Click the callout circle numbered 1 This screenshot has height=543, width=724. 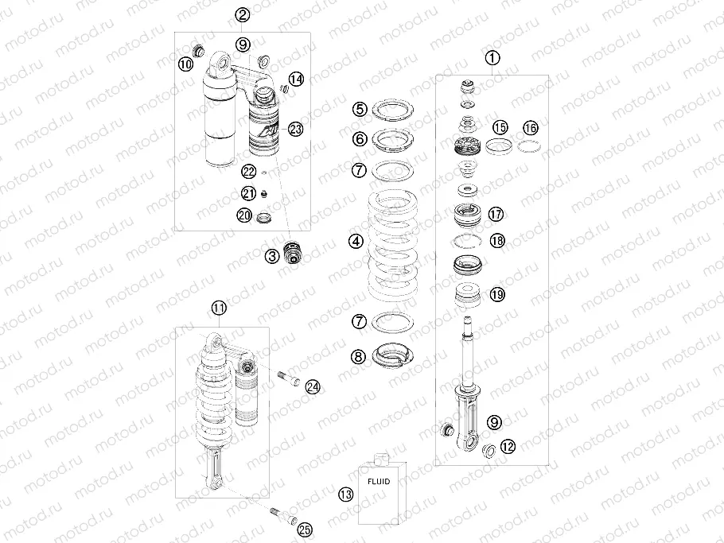click(x=492, y=58)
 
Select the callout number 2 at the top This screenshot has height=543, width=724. click(x=242, y=15)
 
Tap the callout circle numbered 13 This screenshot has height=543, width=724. click(x=345, y=495)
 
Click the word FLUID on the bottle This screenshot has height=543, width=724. click(x=379, y=481)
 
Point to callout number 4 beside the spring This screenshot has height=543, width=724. click(x=356, y=241)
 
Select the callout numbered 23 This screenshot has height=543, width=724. click(x=295, y=129)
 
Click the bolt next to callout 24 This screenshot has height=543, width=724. click(x=289, y=378)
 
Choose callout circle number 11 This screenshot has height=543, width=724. click(x=219, y=308)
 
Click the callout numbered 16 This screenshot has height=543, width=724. click(x=531, y=128)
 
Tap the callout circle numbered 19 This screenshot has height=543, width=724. click(x=497, y=294)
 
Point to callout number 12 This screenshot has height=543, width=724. click(x=508, y=447)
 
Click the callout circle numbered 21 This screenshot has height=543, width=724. click(x=249, y=193)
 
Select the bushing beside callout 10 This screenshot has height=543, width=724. click(x=198, y=50)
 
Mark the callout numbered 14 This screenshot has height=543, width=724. click(x=297, y=79)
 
